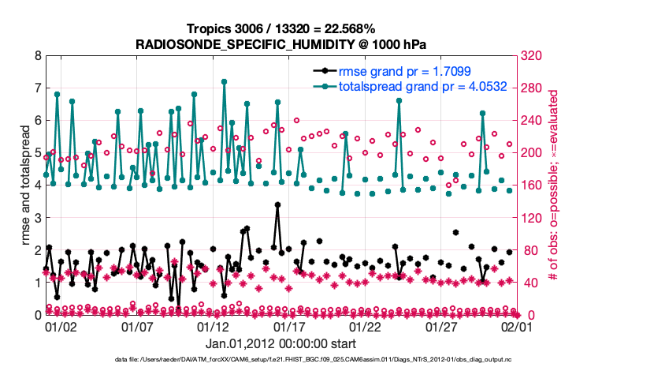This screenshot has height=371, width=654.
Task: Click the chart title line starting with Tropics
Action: coord(281,29)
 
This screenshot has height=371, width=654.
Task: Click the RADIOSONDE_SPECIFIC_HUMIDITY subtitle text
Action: coord(281,44)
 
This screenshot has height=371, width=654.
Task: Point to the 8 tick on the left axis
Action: coord(37,56)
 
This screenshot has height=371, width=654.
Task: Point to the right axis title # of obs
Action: coord(553,185)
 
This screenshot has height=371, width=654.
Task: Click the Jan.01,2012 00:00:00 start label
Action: coord(281,343)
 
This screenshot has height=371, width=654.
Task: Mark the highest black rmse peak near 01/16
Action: coord(277,205)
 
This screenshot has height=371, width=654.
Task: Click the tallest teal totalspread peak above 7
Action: coord(225,81)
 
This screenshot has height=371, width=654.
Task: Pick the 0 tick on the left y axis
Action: coord(37,315)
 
